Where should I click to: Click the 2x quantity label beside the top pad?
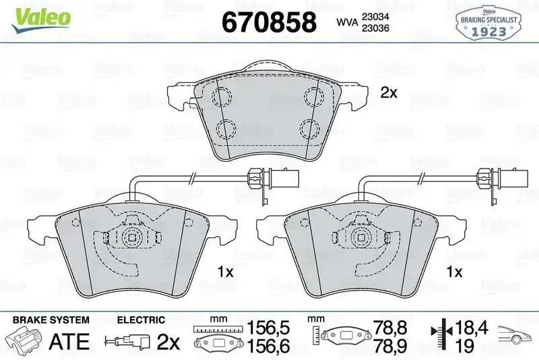point(389,94)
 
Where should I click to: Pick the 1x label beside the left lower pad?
point(224,272)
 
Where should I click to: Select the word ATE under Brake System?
point(71,340)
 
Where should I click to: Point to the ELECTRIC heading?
point(141,320)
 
